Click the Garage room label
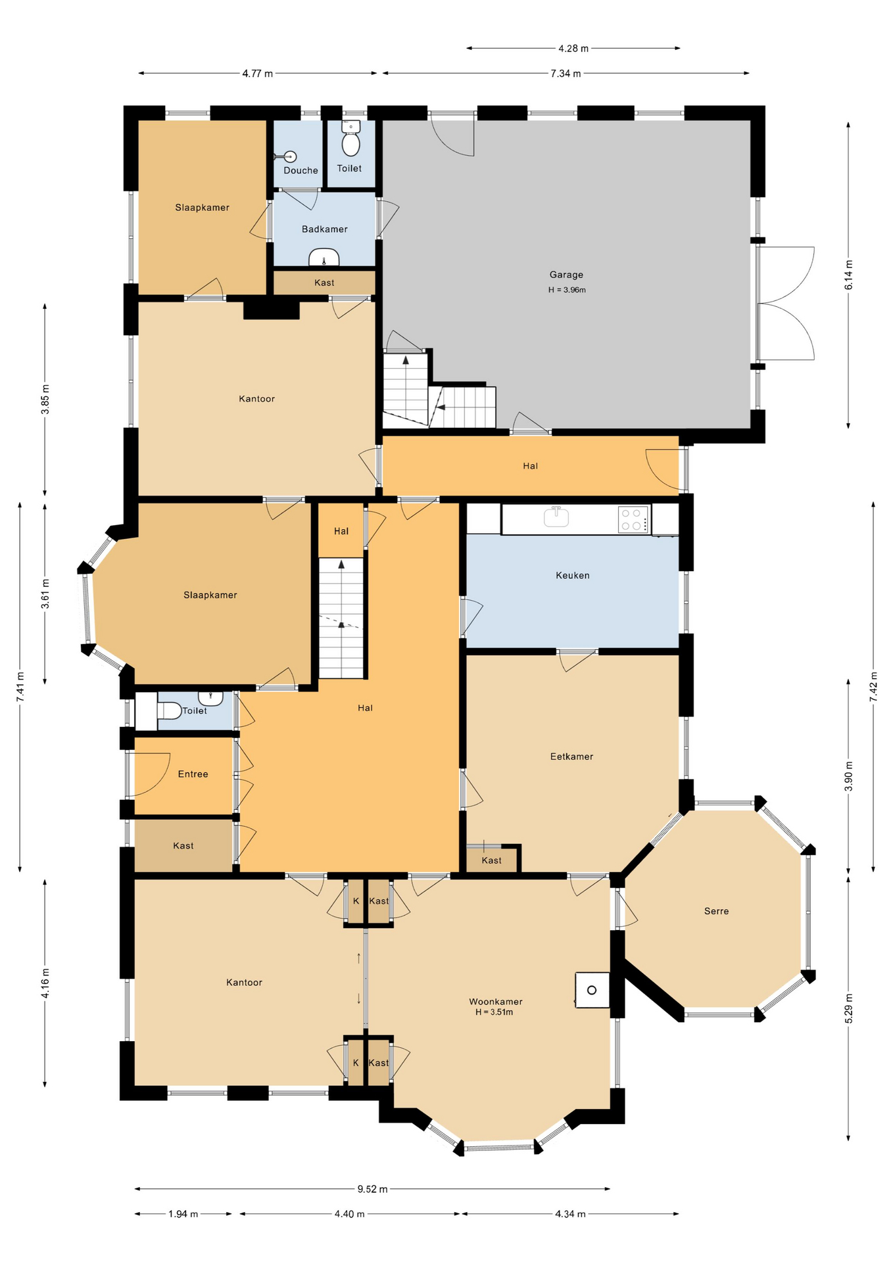tap(566, 275)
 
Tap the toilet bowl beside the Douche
tap(351, 141)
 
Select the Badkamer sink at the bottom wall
tap(324, 258)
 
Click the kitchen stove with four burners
tap(633, 519)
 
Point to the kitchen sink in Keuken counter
tap(556, 517)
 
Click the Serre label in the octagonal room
tap(716, 911)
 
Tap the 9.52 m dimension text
tap(372, 1188)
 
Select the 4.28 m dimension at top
tap(573, 48)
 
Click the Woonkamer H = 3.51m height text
tap(495, 1012)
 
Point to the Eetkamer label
tap(571, 757)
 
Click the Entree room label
tap(193, 774)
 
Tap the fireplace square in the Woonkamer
tap(592, 990)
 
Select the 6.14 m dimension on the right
tap(848, 275)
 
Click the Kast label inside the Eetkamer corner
tap(491, 860)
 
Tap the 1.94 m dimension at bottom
tap(183, 1214)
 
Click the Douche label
tap(301, 170)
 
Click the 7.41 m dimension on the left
tap(20, 686)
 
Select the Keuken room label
tap(572, 575)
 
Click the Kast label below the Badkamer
tap(324, 283)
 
